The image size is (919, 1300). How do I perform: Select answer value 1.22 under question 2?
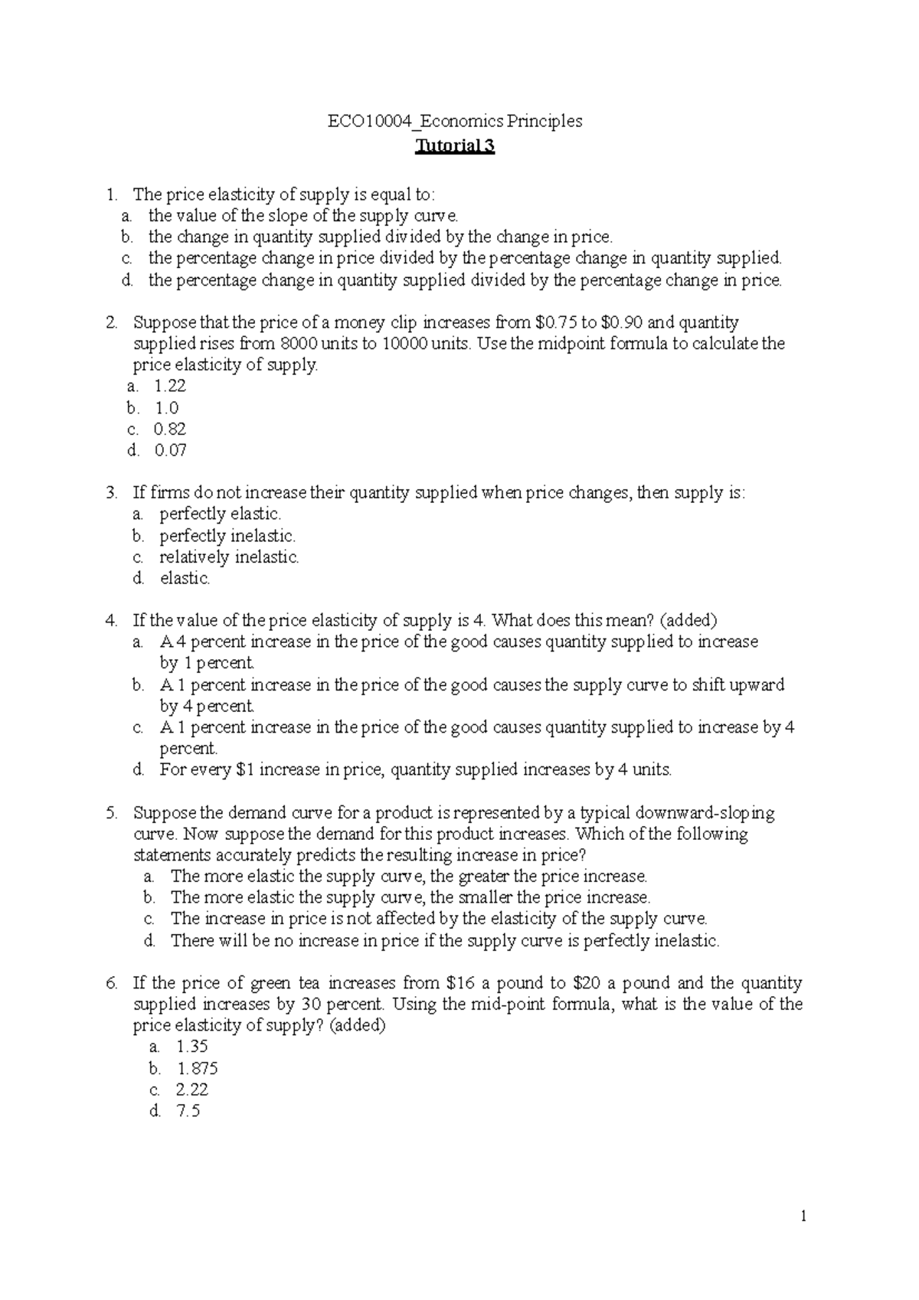(171, 386)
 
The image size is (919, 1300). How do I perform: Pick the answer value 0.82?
(170, 429)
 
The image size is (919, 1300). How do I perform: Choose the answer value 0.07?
(171, 450)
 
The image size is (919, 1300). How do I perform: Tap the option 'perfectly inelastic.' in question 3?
(227, 535)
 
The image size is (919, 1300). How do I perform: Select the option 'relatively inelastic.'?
(229, 557)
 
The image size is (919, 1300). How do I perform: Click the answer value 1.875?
(198, 1068)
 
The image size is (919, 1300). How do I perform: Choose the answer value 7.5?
(188, 1111)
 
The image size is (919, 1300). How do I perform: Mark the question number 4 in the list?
(112, 620)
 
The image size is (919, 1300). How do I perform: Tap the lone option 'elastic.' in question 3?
(185, 578)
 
